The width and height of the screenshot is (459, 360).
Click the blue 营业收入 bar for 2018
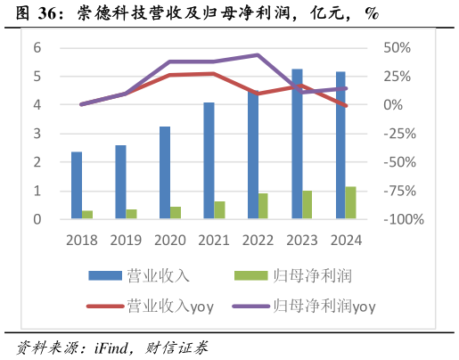point(77,185)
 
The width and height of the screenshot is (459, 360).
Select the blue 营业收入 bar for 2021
point(209,160)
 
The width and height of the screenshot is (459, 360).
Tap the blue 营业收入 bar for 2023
point(297,143)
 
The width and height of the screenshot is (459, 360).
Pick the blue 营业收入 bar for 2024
point(340,145)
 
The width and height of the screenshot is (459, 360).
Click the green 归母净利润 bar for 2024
point(351,202)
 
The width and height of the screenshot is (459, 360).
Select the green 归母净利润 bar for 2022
point(264,206)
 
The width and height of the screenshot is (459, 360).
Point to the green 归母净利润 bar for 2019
point(132,214)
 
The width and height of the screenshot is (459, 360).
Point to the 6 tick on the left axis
point(37,48)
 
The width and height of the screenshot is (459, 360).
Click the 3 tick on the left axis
point(37,134)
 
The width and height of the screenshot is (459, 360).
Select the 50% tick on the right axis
point(397,48)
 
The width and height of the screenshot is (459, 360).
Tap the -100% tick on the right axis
point(403,219)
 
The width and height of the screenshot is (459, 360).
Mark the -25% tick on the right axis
point(400,134)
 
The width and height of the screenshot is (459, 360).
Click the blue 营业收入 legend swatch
point(106,275)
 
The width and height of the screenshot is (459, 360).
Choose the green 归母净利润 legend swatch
point(252,275)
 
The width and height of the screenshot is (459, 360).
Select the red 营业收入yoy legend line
point(106,306)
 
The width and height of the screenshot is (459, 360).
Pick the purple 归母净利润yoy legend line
point(252,306)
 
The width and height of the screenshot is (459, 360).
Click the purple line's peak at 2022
point(258,55)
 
